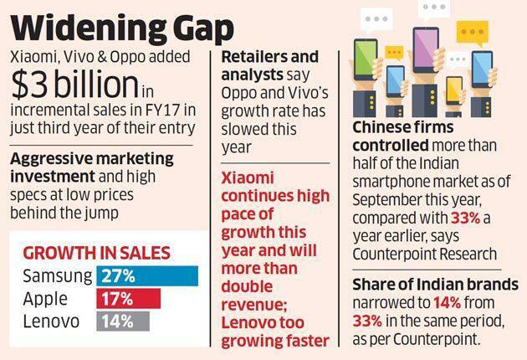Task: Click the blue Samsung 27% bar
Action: [x=147, y=275]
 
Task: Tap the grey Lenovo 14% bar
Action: [x=123, y=321]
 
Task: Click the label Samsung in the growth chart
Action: [x=56, y=275]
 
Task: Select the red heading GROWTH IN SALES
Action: [x=96, y=252]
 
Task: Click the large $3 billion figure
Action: [x=74, y=84]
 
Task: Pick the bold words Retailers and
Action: [x=270, y=58]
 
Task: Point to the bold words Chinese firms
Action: [x=402, y=128]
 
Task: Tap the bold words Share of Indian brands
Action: [x=434, y=285]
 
